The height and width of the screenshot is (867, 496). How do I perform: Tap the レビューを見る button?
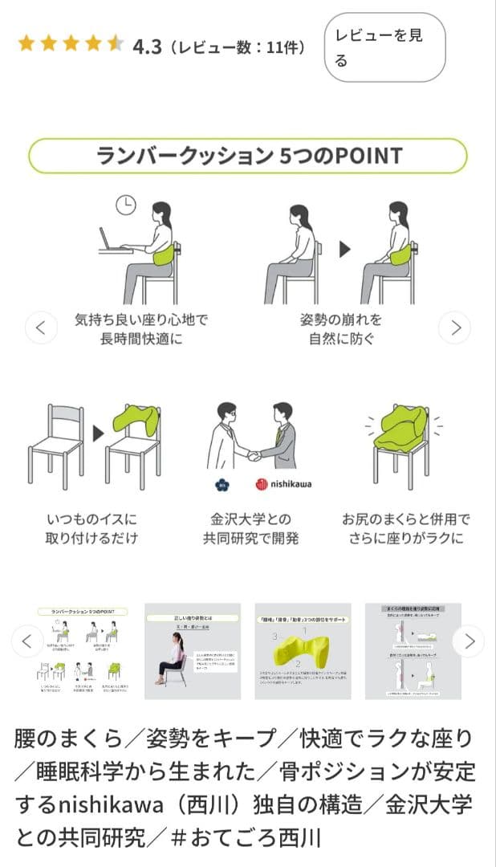click(384, 47)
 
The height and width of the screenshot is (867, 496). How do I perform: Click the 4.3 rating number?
click(147, 47)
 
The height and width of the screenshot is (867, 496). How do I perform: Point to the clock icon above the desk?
click(125, 206)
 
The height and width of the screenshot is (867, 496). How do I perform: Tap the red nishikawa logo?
click(283, 484)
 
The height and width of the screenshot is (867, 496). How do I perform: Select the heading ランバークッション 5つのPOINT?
click(248, 155)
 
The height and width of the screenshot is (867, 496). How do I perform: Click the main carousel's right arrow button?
click(455, 327)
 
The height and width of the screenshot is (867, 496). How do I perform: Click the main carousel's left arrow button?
click(41, 327)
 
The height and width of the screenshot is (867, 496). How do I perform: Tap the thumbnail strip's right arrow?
click(469, 641)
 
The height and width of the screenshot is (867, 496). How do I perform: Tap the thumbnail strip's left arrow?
click(27, 641)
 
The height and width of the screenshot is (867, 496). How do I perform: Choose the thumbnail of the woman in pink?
click(193, 651)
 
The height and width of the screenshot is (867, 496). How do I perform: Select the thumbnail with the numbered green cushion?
click(303, 651)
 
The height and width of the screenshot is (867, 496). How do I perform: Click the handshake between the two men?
click(254, 455)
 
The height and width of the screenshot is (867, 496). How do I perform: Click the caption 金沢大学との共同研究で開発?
click(251, 528)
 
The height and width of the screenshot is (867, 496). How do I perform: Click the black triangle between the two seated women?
click(345, 250)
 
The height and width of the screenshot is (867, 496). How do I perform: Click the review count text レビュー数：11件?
click(238, 47)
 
